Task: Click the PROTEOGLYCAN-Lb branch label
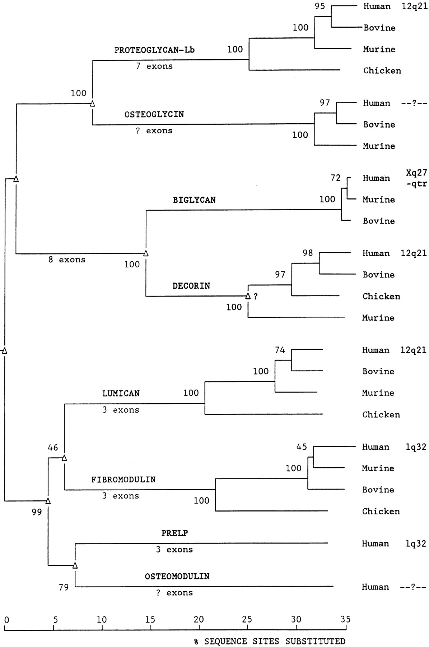coord(154,50)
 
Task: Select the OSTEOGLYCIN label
coord(154,114)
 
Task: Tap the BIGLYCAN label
coord(194,200)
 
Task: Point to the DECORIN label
coord(191,286)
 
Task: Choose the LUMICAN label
coord(121,393)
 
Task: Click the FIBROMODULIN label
coord(123,479)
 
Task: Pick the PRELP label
coord(174,533)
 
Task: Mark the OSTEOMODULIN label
coord(177,576)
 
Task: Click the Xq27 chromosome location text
coord(416,173)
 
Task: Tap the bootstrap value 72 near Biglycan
coord(335,178)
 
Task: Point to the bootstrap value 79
coord(64,588)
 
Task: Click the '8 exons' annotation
coord(67,260)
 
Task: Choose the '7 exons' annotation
coord(154,66)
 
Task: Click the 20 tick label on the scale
coord(199,619)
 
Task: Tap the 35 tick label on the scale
coord(345,619)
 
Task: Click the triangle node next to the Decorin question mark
coord(248,296)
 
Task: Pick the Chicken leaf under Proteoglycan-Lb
coord(382,70)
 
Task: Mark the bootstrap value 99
coord(37,512)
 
